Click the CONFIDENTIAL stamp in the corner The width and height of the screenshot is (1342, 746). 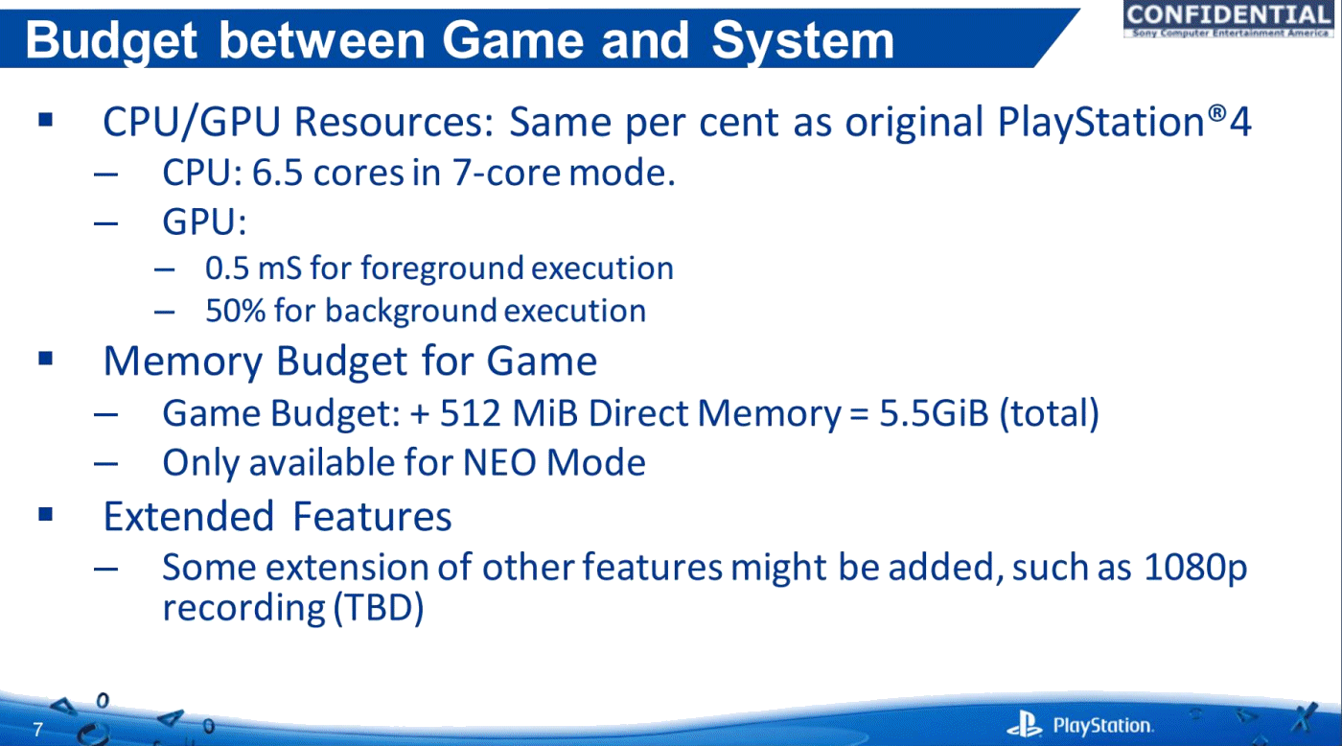point(1228,19)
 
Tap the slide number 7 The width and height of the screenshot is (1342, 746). point(37,730)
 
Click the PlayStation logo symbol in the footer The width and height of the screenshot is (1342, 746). point(1025,724)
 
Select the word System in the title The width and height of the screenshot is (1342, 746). point(802,40)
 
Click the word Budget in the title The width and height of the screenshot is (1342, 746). point(111,40)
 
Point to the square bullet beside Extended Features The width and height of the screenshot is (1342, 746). point(46,514)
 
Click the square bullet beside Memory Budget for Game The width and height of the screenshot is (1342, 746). point(46,359)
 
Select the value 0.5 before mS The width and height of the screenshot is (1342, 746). point(227,268)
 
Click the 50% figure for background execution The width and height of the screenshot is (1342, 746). point(236,311)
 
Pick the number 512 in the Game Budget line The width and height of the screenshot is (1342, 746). point(470,413)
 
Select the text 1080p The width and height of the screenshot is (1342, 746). point(1195,568)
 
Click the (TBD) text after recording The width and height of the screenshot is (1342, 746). point(378,608)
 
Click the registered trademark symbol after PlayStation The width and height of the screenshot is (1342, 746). point(1216,113)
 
